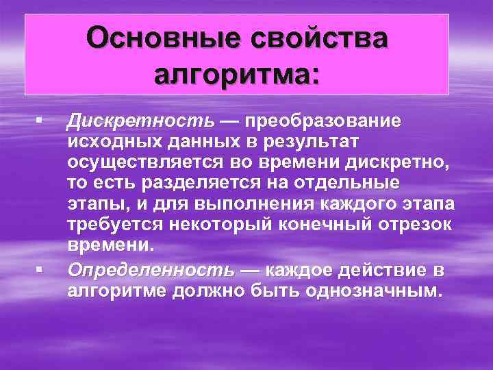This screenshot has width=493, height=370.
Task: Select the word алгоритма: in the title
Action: [x=237, y=71]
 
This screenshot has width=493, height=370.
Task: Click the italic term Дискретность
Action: [x=140, y=121]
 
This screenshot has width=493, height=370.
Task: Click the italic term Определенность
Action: [x=151, y=268]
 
